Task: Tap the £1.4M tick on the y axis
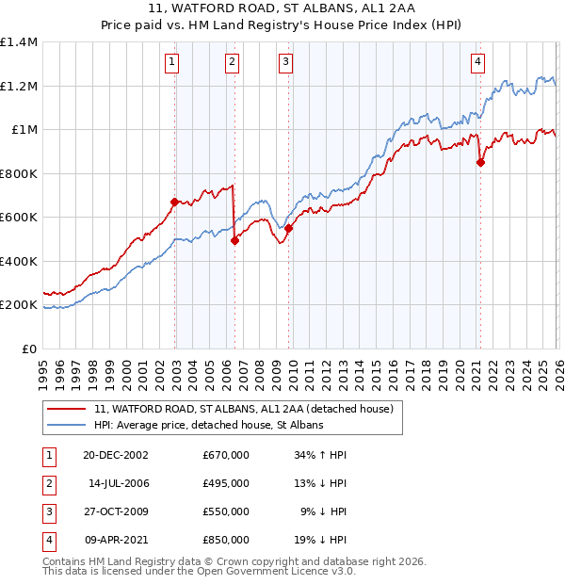19,42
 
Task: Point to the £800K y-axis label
19,173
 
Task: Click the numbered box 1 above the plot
173,63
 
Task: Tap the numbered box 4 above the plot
478,63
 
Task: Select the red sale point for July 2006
234,240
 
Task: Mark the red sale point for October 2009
289,228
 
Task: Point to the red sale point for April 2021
480,162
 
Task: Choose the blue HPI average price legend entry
208,425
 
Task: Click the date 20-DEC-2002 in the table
116,455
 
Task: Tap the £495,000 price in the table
226,483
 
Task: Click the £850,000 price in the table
226,540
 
